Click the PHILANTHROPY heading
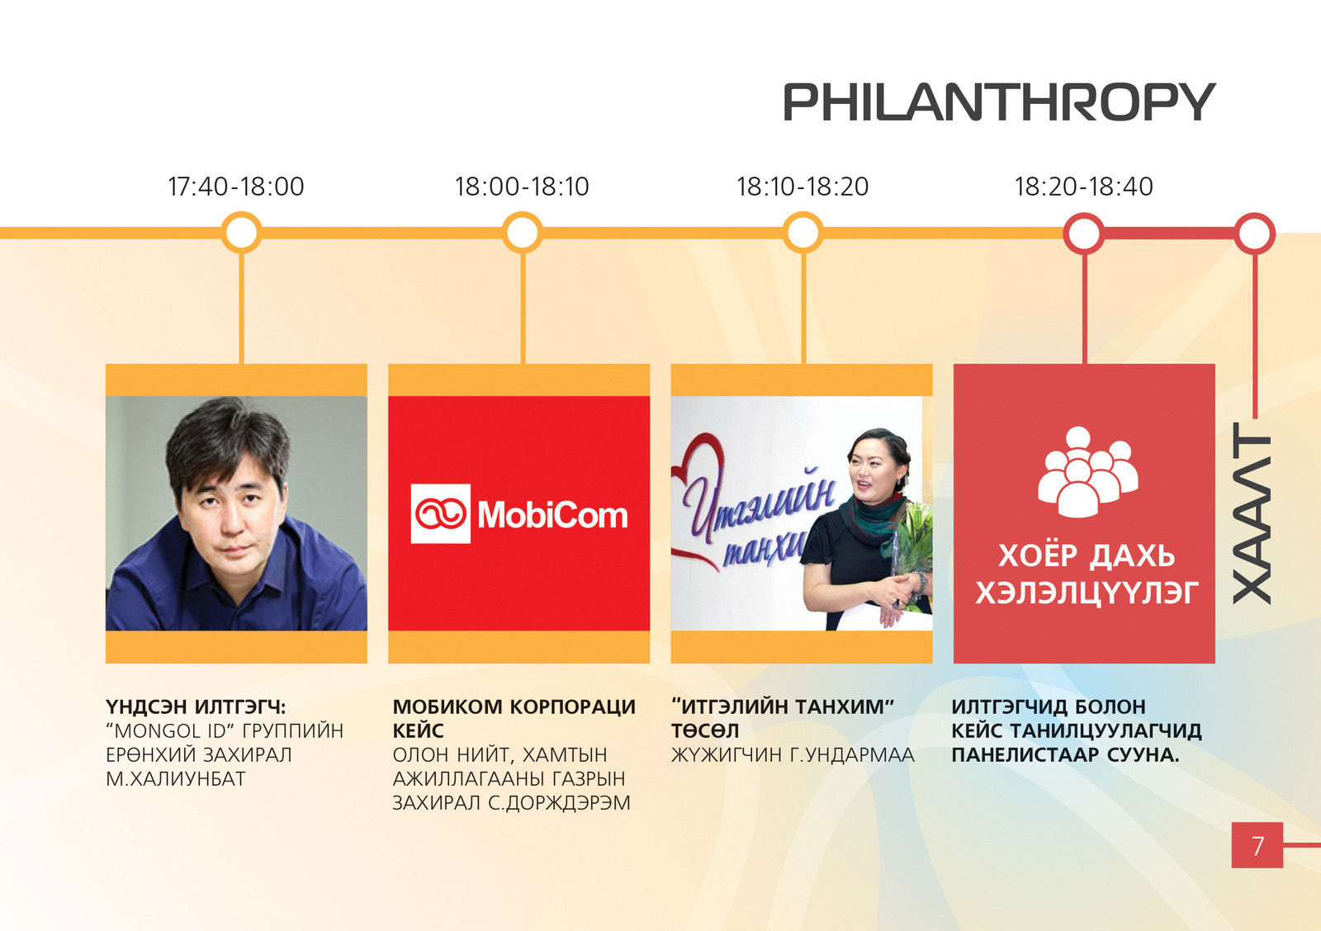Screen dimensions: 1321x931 point(1000,102)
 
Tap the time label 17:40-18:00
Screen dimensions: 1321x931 point(236,187)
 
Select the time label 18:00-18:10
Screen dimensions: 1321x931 point(522,187)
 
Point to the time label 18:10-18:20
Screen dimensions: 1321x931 point(803,187)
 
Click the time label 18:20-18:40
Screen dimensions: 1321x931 point(1083,187)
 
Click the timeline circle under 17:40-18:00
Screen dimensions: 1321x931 point(242,232)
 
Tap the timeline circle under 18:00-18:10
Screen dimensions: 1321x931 point(523,232)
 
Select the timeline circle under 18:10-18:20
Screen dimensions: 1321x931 point(803,232)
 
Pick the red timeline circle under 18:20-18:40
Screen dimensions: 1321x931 point(1084,234)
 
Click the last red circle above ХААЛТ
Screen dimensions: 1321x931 point(1254,234)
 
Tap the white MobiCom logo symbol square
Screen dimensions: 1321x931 point(441,513)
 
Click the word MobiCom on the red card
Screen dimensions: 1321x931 point(552,515)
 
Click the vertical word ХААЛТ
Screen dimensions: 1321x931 point(1252,513)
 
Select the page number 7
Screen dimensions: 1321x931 point(1257,845)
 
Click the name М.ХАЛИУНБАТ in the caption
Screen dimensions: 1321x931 point(176,779)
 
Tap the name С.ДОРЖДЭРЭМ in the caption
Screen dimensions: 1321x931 point(559,803)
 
